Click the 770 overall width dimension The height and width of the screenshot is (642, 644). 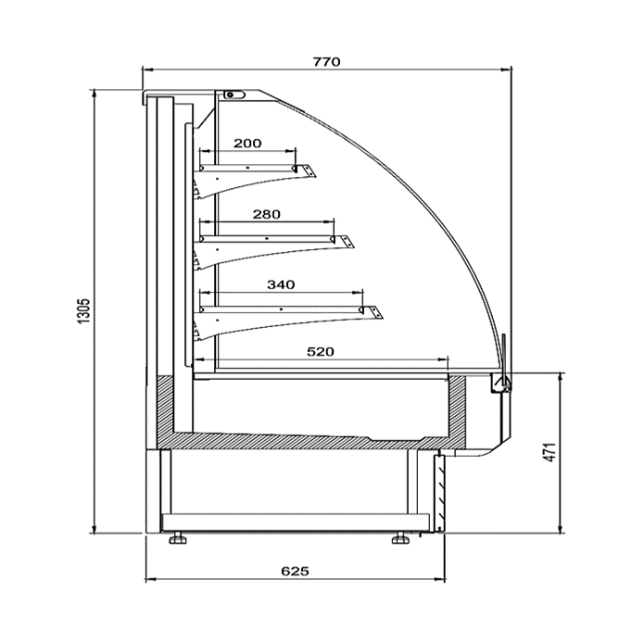(x=327, y=62)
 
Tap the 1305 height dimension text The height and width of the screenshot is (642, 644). (x=83, y=311)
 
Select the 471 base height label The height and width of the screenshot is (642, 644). (x=550, y=452)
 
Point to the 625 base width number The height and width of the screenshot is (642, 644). (x=295, y=572)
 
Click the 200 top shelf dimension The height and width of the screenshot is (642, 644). (x=247, y=144)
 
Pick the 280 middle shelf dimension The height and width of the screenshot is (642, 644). (x=267, y=214)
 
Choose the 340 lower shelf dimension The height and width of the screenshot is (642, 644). (x=281, y=284)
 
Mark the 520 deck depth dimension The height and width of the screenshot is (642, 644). (x=321, y=352)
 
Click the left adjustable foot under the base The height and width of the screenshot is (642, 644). (x=177, y=538)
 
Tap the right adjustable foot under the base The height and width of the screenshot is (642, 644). (x=400, y=538)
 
